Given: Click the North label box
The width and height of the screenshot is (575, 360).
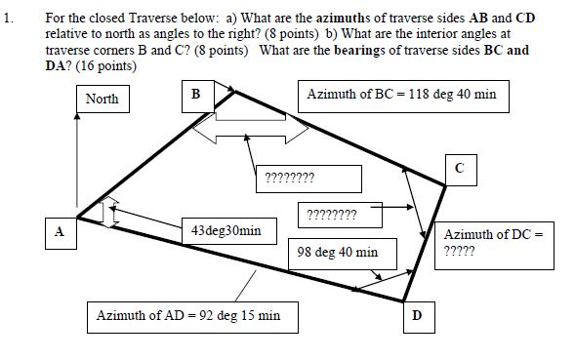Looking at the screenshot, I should click(103, 99).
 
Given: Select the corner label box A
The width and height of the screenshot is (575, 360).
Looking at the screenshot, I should click(60, 233).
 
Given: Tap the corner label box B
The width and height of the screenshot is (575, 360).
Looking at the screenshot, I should click(195, 95).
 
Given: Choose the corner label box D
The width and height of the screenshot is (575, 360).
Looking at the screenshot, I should click(417, 316).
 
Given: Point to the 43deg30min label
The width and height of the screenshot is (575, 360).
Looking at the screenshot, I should click(226, 230).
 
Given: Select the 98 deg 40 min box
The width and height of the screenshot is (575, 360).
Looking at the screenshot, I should click(338, 252).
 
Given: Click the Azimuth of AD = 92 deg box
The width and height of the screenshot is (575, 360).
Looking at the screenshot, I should click(188, 316).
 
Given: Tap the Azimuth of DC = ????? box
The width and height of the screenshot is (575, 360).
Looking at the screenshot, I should click(492, 242).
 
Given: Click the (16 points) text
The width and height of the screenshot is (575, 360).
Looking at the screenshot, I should click(106, 65).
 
